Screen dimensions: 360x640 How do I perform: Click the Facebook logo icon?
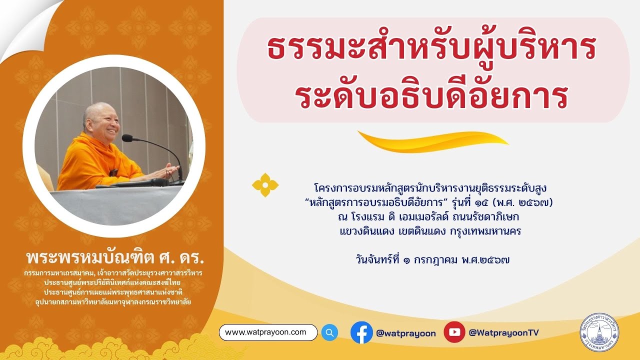click(x=361, y=332)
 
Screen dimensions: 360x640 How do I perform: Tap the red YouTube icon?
click(x=454, y=332)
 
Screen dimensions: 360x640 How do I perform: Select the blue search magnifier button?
click(x=329, y=332)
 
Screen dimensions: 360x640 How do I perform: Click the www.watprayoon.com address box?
click(x=268, y=332)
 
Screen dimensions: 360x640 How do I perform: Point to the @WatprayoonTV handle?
click(x=503, y=332)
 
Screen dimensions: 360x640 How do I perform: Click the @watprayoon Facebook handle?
click(x=405, y=333)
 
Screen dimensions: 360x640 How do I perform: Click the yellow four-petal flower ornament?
click(x=265, y=185)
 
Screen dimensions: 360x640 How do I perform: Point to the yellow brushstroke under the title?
click(x=432, y=140)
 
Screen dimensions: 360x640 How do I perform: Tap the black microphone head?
click(x=127, y=137)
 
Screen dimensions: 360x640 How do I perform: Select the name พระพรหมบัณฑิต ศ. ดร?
click(x=115, y=259)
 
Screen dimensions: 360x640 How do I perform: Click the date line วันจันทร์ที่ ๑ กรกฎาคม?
click(x=432, y=259)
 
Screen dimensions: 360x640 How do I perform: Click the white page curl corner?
click(x=25, y=25)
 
